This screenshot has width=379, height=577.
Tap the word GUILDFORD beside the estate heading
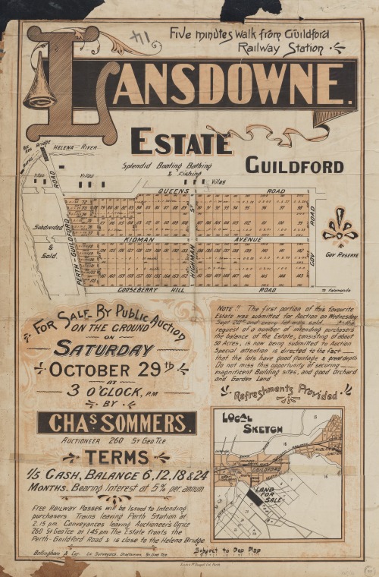point(294,166)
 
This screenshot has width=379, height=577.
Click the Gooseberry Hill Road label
point(182,290)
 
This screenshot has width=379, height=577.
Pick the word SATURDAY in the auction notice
point(103,350)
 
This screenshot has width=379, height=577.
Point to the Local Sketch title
point(242,424)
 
